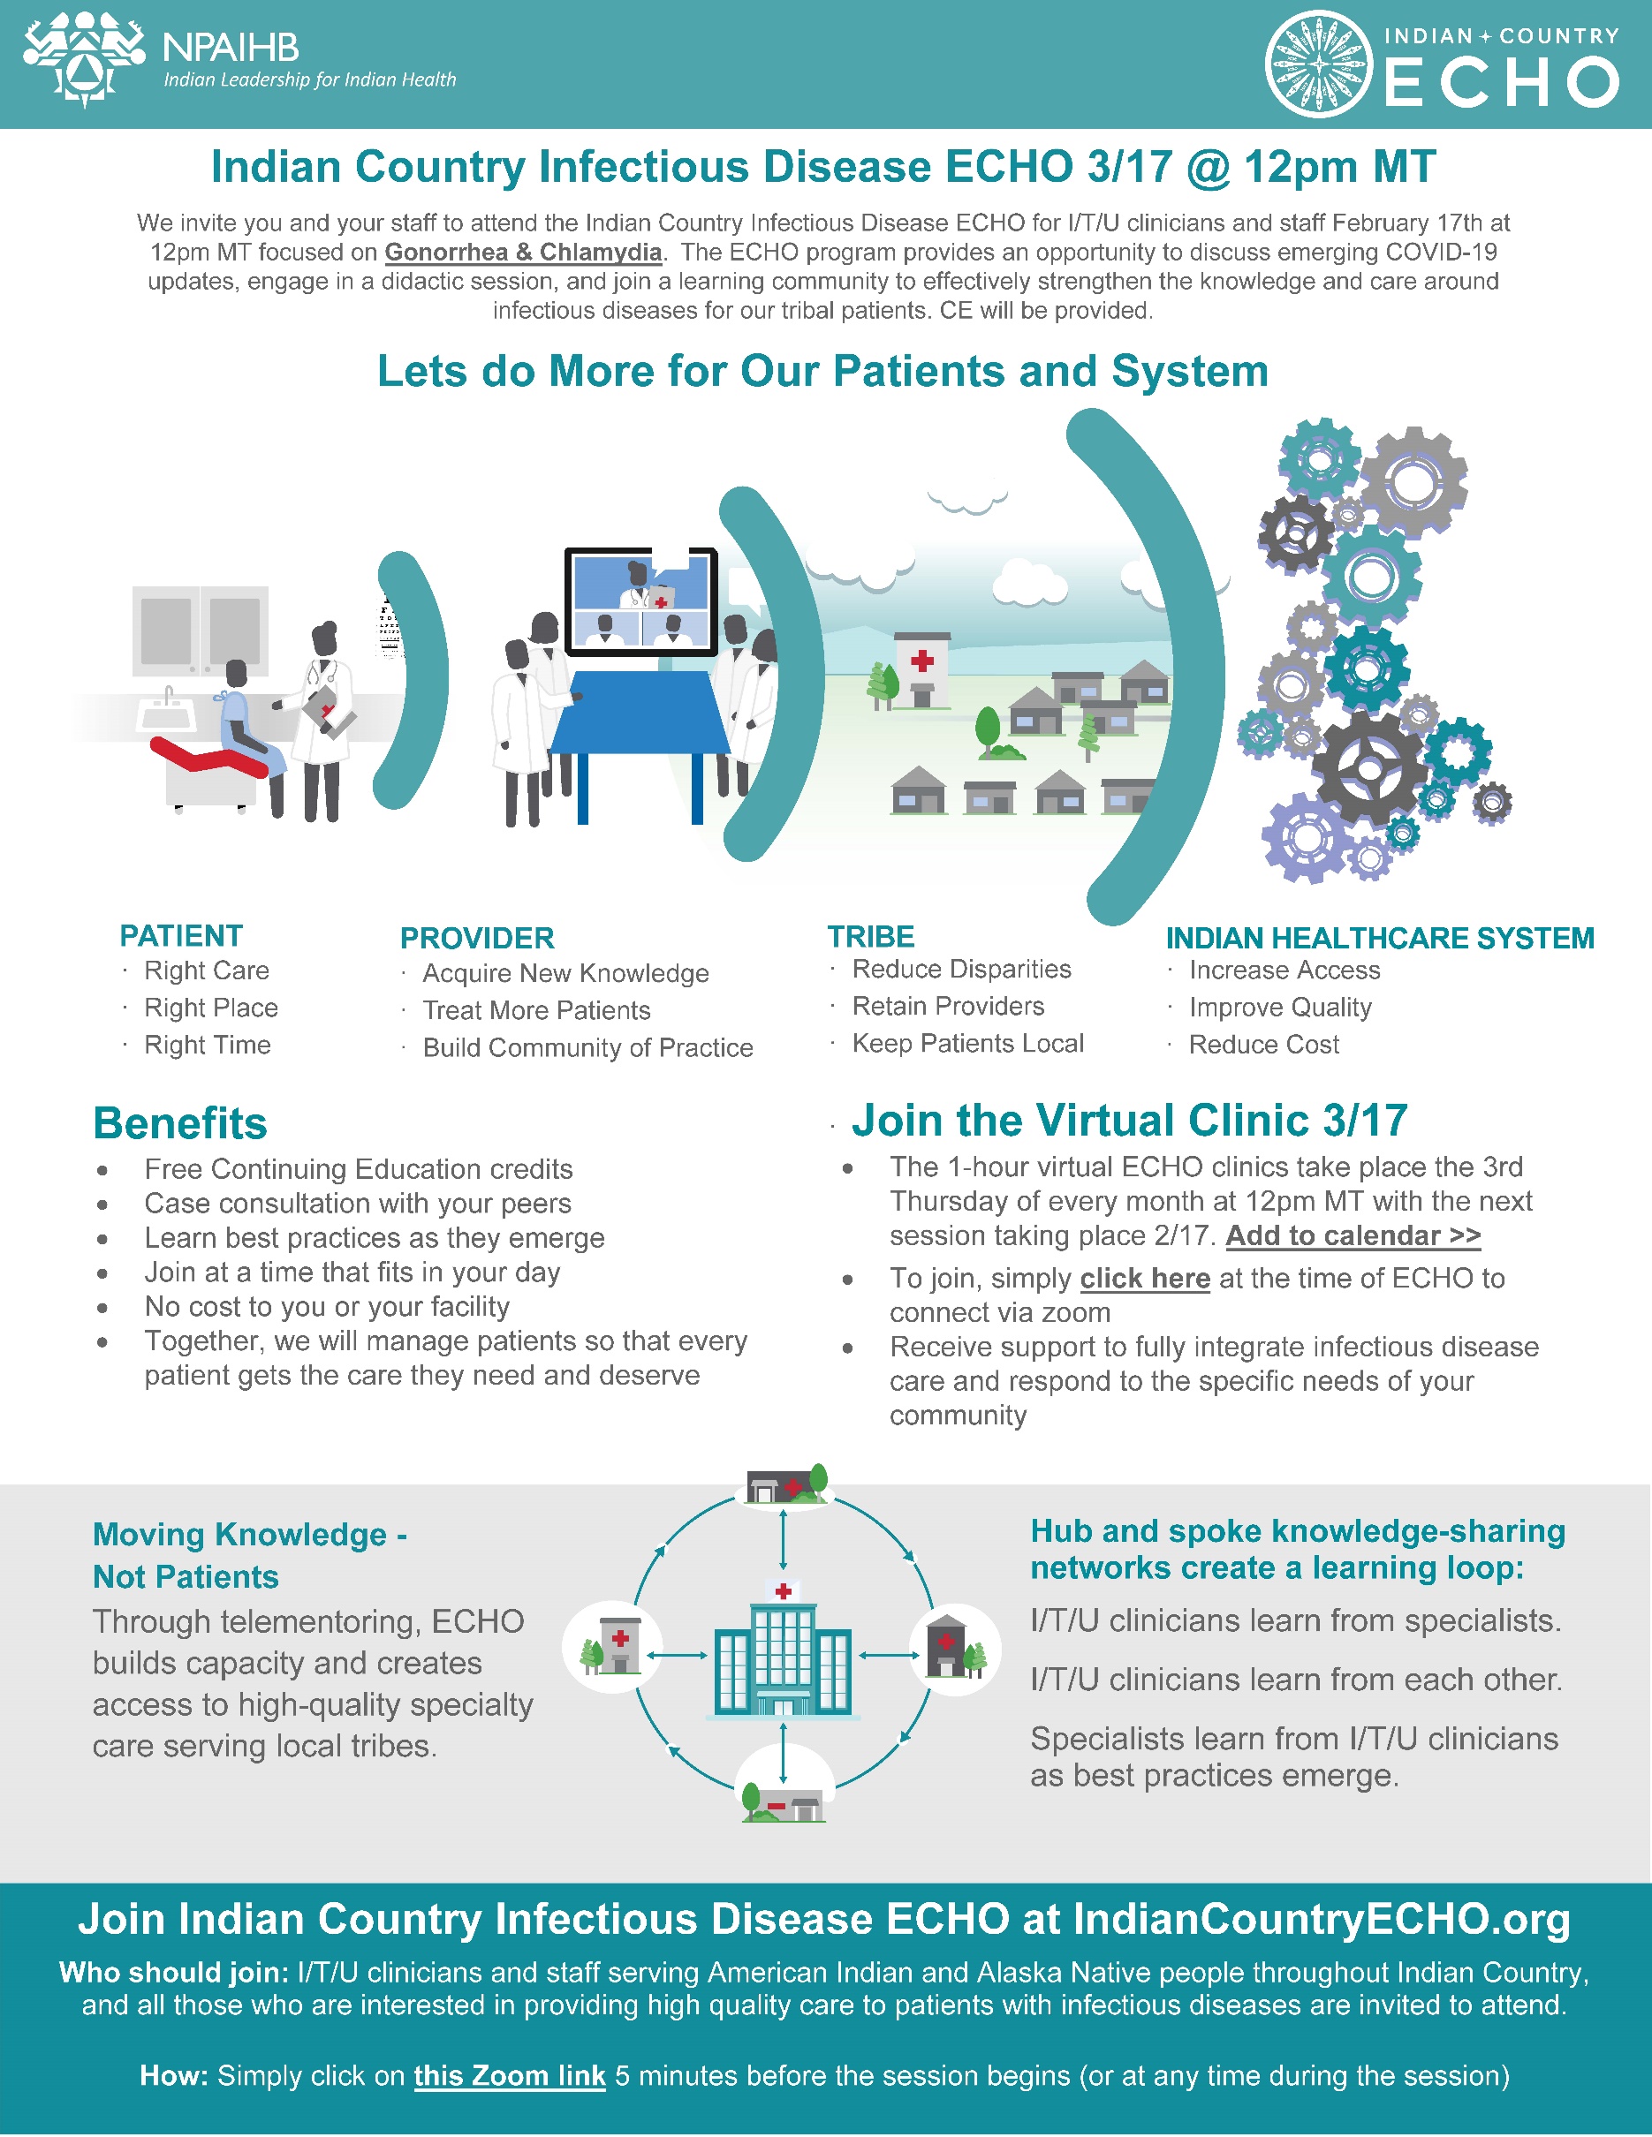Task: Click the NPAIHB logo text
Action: tap(230, 47)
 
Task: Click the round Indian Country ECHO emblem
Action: tap(1318, 64)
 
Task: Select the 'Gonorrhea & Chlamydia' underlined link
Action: tap(523, 253)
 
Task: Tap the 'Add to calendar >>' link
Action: tap(1353, 1235)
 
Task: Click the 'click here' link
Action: tap(1145, 1279)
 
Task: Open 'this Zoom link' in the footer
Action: tap(509, 2075)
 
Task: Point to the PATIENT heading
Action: tap(181, 936)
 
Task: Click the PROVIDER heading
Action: tap(477, 939)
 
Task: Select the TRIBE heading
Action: tap(871, 936)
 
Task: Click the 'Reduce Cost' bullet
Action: tap(1263, 1045)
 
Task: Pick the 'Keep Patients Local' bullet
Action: tap(968, 1043)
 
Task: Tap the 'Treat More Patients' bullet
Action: tap(536, 1011)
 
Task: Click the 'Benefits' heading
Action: tap(180, 1123)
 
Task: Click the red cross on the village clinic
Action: tap(921, 661)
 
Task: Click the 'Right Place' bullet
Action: tap(210, 1008)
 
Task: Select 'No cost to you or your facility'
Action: tap(327, 1307)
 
